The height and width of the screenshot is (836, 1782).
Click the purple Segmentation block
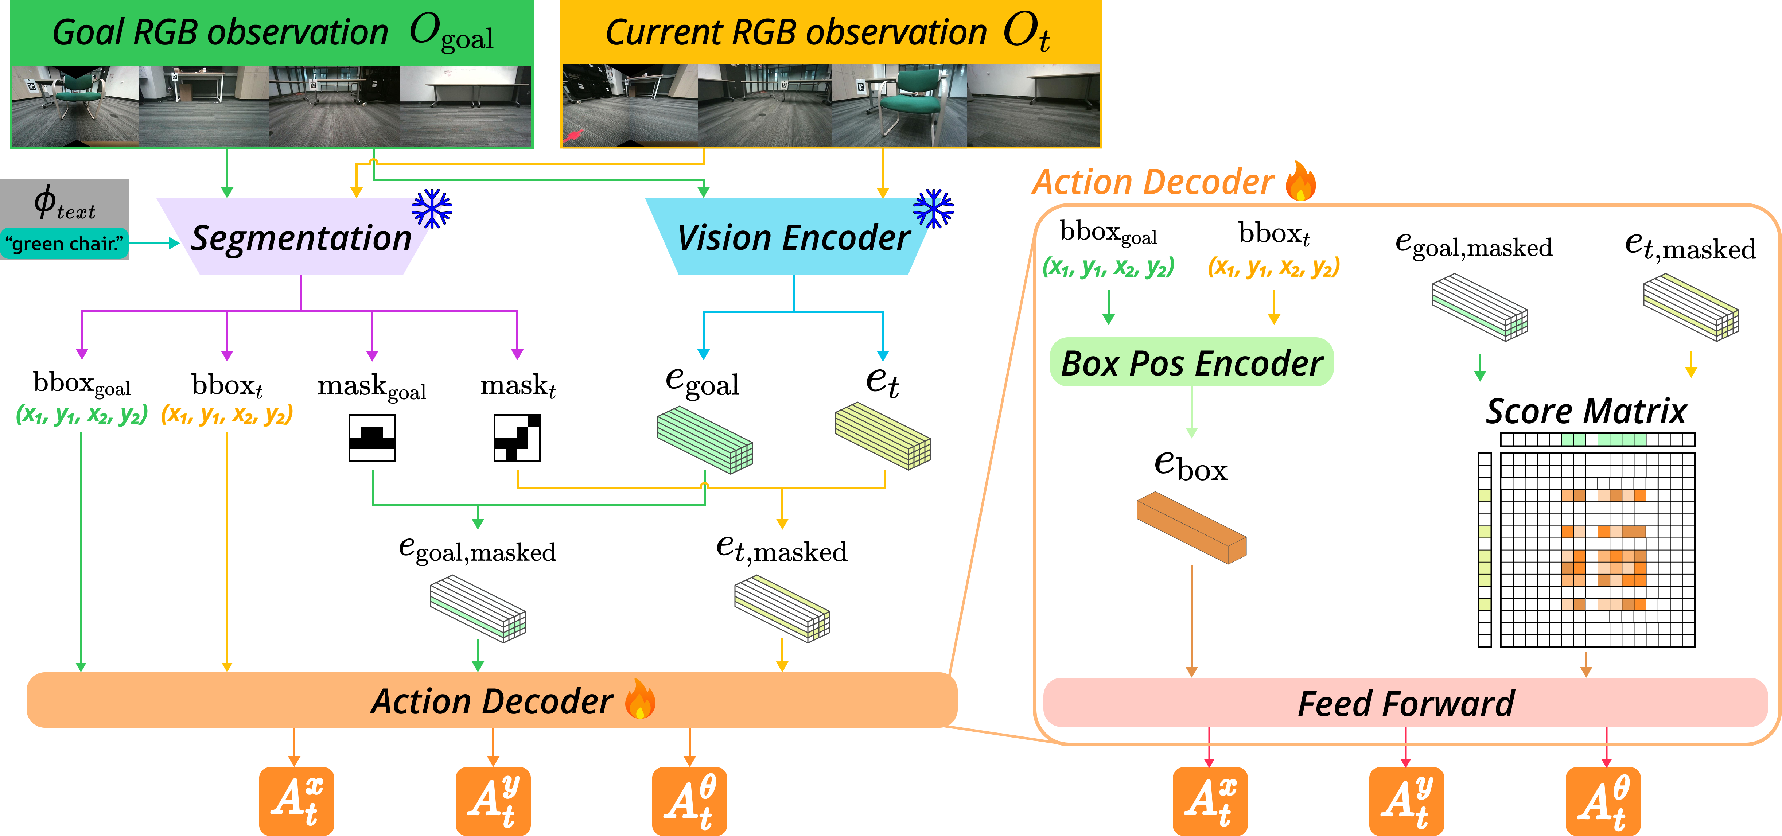point(301,237)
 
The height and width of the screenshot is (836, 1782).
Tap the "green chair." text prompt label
point(64,244)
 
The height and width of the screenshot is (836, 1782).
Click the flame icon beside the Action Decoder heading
point(1300,181)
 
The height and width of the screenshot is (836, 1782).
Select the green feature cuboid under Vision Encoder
point(704,439)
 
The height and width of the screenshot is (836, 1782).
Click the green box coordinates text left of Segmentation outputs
point(82,414)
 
